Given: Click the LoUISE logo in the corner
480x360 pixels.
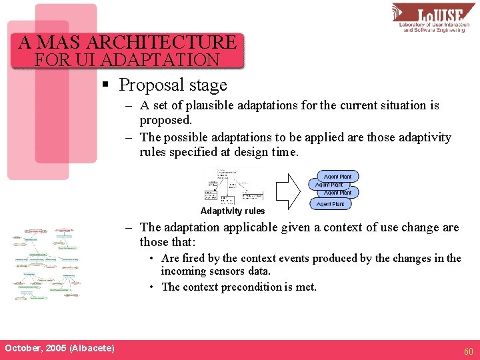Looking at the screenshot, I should (x=433, y=18).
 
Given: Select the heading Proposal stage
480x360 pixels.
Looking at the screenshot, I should (x=173, y=85).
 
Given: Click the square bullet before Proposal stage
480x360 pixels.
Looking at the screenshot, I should (x=105, y=85).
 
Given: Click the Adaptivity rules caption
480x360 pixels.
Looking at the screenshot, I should (x=233, y=211).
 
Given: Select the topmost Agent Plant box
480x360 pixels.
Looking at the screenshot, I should (x=339, y=176).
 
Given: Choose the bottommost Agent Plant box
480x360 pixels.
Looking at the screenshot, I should (x=330, y=204).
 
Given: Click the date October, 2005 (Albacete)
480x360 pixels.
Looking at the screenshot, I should (x=59, y=348).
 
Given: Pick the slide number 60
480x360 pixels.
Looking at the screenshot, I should (x=469, y=351).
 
